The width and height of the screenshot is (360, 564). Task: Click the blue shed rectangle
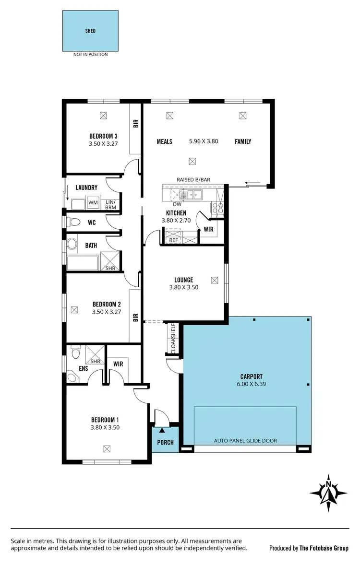pos(90,31)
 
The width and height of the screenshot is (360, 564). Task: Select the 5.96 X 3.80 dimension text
pos(204,141)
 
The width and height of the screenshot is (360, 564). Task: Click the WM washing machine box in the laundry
pos(93,203)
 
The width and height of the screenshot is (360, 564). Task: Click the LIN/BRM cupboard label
pos(110,205)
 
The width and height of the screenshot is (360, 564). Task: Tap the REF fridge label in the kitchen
pos(173,240)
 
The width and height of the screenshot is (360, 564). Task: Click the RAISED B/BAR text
pos(193,180)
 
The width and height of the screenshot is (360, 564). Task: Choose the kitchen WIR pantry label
pos(208,229)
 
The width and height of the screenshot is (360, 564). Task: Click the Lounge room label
pos(183,280)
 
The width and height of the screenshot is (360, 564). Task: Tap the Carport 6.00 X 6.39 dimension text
pos(252,384)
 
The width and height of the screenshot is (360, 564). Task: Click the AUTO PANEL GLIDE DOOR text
pos(245,441)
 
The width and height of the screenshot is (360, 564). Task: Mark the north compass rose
pos(329,493)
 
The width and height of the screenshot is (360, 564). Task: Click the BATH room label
pos(91,246)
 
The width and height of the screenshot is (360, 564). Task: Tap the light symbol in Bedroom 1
pos(107,448)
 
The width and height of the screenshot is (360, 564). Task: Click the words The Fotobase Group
pos(324,548)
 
